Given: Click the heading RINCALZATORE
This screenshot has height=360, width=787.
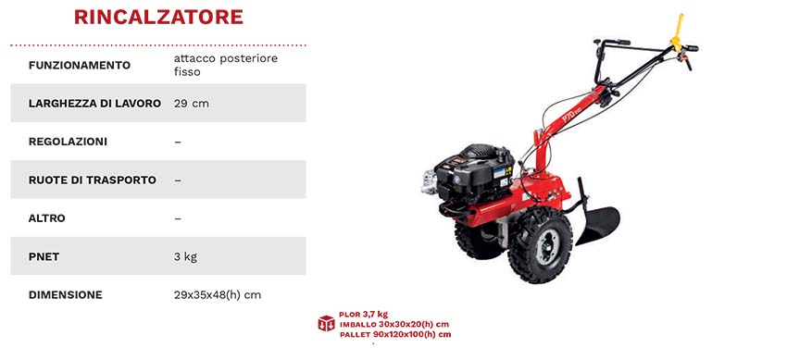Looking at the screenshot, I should click(x=158, y=17).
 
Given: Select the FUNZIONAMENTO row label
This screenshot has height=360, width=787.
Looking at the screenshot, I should click(x=79, y=65).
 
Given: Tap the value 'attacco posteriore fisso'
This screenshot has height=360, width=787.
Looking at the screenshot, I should click(x=225, y=65).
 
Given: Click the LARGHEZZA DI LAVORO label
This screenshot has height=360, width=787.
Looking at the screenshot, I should click(x=94, y=103).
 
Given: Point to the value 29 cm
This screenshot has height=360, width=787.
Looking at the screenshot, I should click(x=191, y=103).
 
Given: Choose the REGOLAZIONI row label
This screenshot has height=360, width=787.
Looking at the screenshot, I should click(x=68, y=142).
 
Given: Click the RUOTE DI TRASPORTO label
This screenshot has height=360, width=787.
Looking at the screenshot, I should click(x=92, y=180).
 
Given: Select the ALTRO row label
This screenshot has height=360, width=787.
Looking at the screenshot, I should click(x=47, y=218).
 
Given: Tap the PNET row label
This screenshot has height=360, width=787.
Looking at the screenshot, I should click(x=44, y=256).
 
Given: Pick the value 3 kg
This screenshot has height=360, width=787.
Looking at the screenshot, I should click(x=185, y=256).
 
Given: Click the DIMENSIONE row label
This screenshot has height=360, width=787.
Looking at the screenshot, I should click(x=65, y=295).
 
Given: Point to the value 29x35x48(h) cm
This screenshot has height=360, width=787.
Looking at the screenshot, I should click(x=218, y=295).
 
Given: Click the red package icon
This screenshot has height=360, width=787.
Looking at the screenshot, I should click(x=325, y=323).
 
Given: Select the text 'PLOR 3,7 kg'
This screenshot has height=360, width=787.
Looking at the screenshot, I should click(x=363, y=314).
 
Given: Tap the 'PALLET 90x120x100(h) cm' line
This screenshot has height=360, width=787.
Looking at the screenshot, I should click(x=394, y=333).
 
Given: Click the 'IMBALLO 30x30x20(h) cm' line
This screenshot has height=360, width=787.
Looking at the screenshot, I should click(x=394, y=324).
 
